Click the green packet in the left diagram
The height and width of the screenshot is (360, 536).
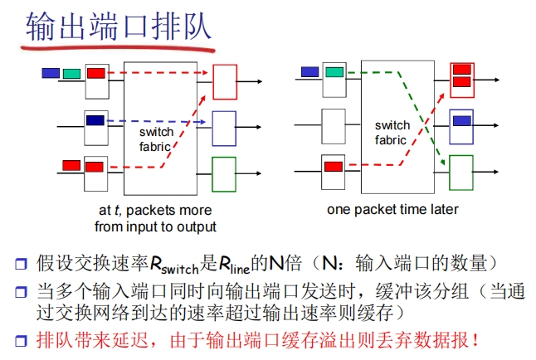point(71,73)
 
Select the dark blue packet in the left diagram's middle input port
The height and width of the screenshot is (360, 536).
point(95,120)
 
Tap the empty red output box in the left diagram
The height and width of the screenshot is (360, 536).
point(225,81)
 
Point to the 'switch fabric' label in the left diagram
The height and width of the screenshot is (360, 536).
point(155,139)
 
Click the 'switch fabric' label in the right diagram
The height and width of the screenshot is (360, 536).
point(391,133)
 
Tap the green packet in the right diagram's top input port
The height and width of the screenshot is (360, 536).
point(333,72)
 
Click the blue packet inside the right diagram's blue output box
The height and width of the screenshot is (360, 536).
point(461,120)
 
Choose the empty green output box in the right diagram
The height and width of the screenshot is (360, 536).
point(460,173)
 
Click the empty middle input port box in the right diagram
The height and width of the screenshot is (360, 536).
point(333,126)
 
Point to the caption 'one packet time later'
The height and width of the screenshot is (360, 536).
point(392,209)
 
